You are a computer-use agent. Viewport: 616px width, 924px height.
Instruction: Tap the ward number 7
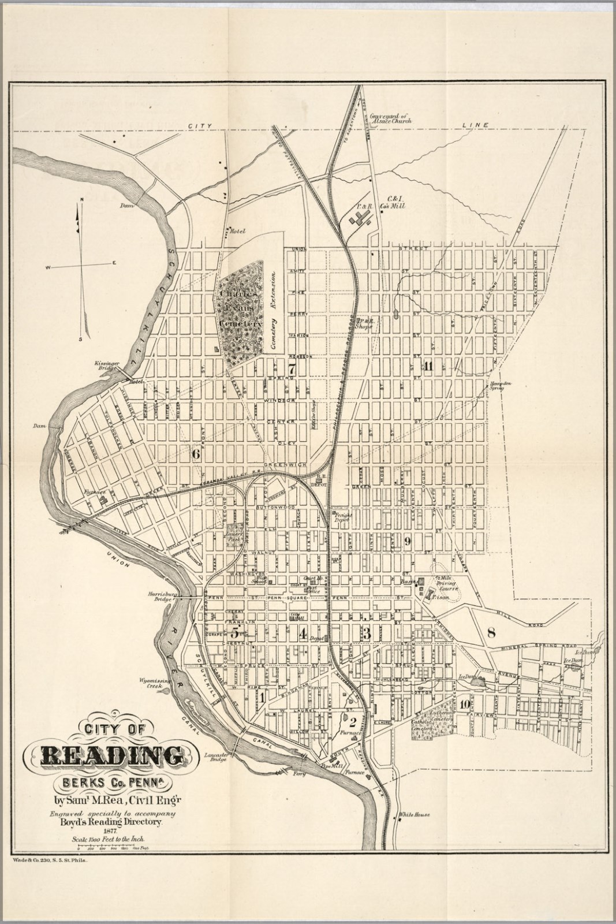[x=292, y=368]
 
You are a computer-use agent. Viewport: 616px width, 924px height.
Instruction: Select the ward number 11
[x=428, y=366]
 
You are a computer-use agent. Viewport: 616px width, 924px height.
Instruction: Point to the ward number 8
[x=491, y=632]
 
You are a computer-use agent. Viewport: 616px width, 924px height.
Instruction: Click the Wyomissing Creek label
[x=152, y=684]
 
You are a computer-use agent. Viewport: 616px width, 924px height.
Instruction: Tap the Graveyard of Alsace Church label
[x=391, y=118]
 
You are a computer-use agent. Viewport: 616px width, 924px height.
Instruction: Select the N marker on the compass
[x=82, y=199]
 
